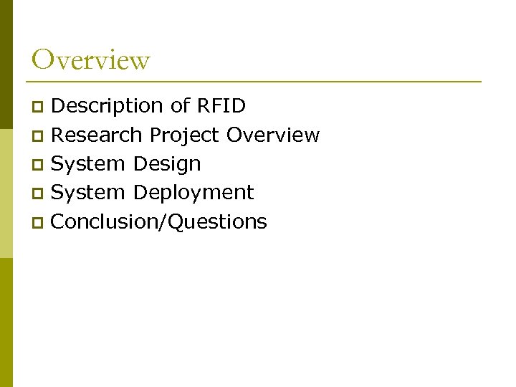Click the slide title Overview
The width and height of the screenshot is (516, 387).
tap(91, 59)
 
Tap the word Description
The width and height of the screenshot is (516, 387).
tap(107, 106)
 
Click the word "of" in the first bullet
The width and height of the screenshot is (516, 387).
tap(180, 106)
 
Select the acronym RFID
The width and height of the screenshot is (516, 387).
tap(221, 106)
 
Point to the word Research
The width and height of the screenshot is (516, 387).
tap(97, 135)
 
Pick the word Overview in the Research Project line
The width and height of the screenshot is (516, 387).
tap(273, 135)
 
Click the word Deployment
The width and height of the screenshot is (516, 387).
tap(193, 193)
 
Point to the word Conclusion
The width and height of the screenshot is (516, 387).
tap(107, 222)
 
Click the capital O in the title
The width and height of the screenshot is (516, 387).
tap(43, 59)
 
